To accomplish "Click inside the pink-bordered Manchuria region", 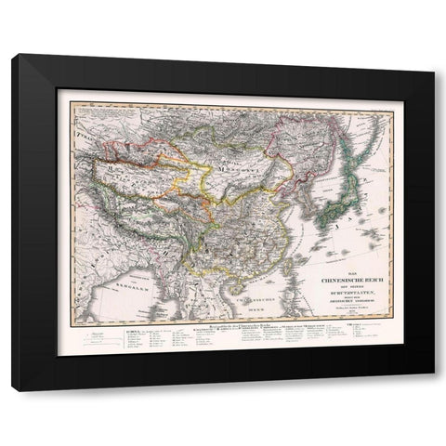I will pyautogui.click(x=288, y=149).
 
